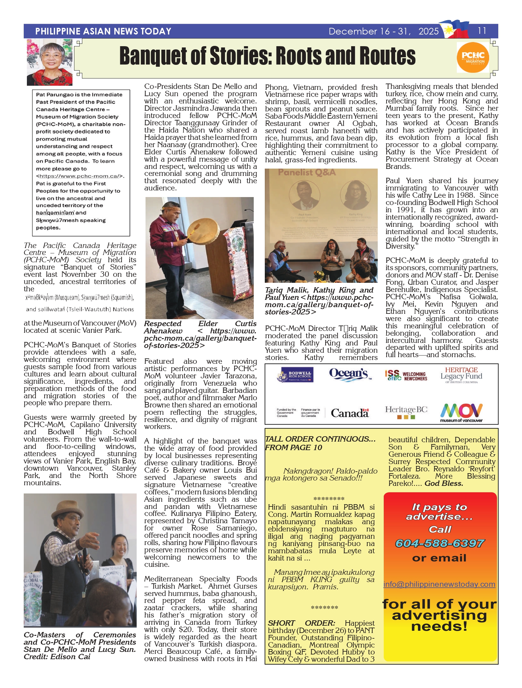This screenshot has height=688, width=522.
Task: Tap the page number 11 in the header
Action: click(x=482, y=31)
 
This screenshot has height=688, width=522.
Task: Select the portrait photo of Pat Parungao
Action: click(x=50, y=62)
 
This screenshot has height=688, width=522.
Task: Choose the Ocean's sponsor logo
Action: click(x=350, y=374)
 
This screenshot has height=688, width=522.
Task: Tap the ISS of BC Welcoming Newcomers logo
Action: click(x=406, y=376)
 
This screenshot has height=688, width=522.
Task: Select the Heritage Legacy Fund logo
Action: click(x=461, y=375)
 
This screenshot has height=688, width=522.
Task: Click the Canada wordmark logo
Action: click(x=350, y=413)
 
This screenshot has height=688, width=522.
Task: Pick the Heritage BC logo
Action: click(x=406, y=412)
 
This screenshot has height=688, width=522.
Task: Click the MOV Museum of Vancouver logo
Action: click(x=461, y=412)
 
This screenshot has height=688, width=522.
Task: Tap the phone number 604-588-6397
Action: click(x=439, y=543)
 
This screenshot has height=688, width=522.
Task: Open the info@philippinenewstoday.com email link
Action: click(x=439, y=584)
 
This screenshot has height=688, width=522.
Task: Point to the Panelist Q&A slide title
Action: click(x=307, y=172)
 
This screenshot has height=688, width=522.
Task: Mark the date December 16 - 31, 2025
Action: click(x=383, y=31)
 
